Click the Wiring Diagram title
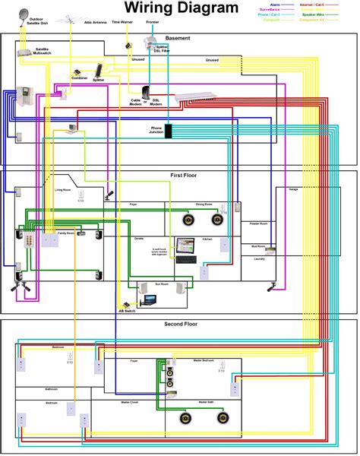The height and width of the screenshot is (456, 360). pos(180,8)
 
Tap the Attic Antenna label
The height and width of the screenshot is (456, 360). pos(93,23)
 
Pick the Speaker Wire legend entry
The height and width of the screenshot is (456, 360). pos(333,14)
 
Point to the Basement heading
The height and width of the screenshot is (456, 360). pos(178,38)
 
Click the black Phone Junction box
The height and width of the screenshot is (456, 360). pos(169,130)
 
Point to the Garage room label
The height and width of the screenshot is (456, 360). pos(293,188)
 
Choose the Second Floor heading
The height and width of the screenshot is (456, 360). pos(181,325)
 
